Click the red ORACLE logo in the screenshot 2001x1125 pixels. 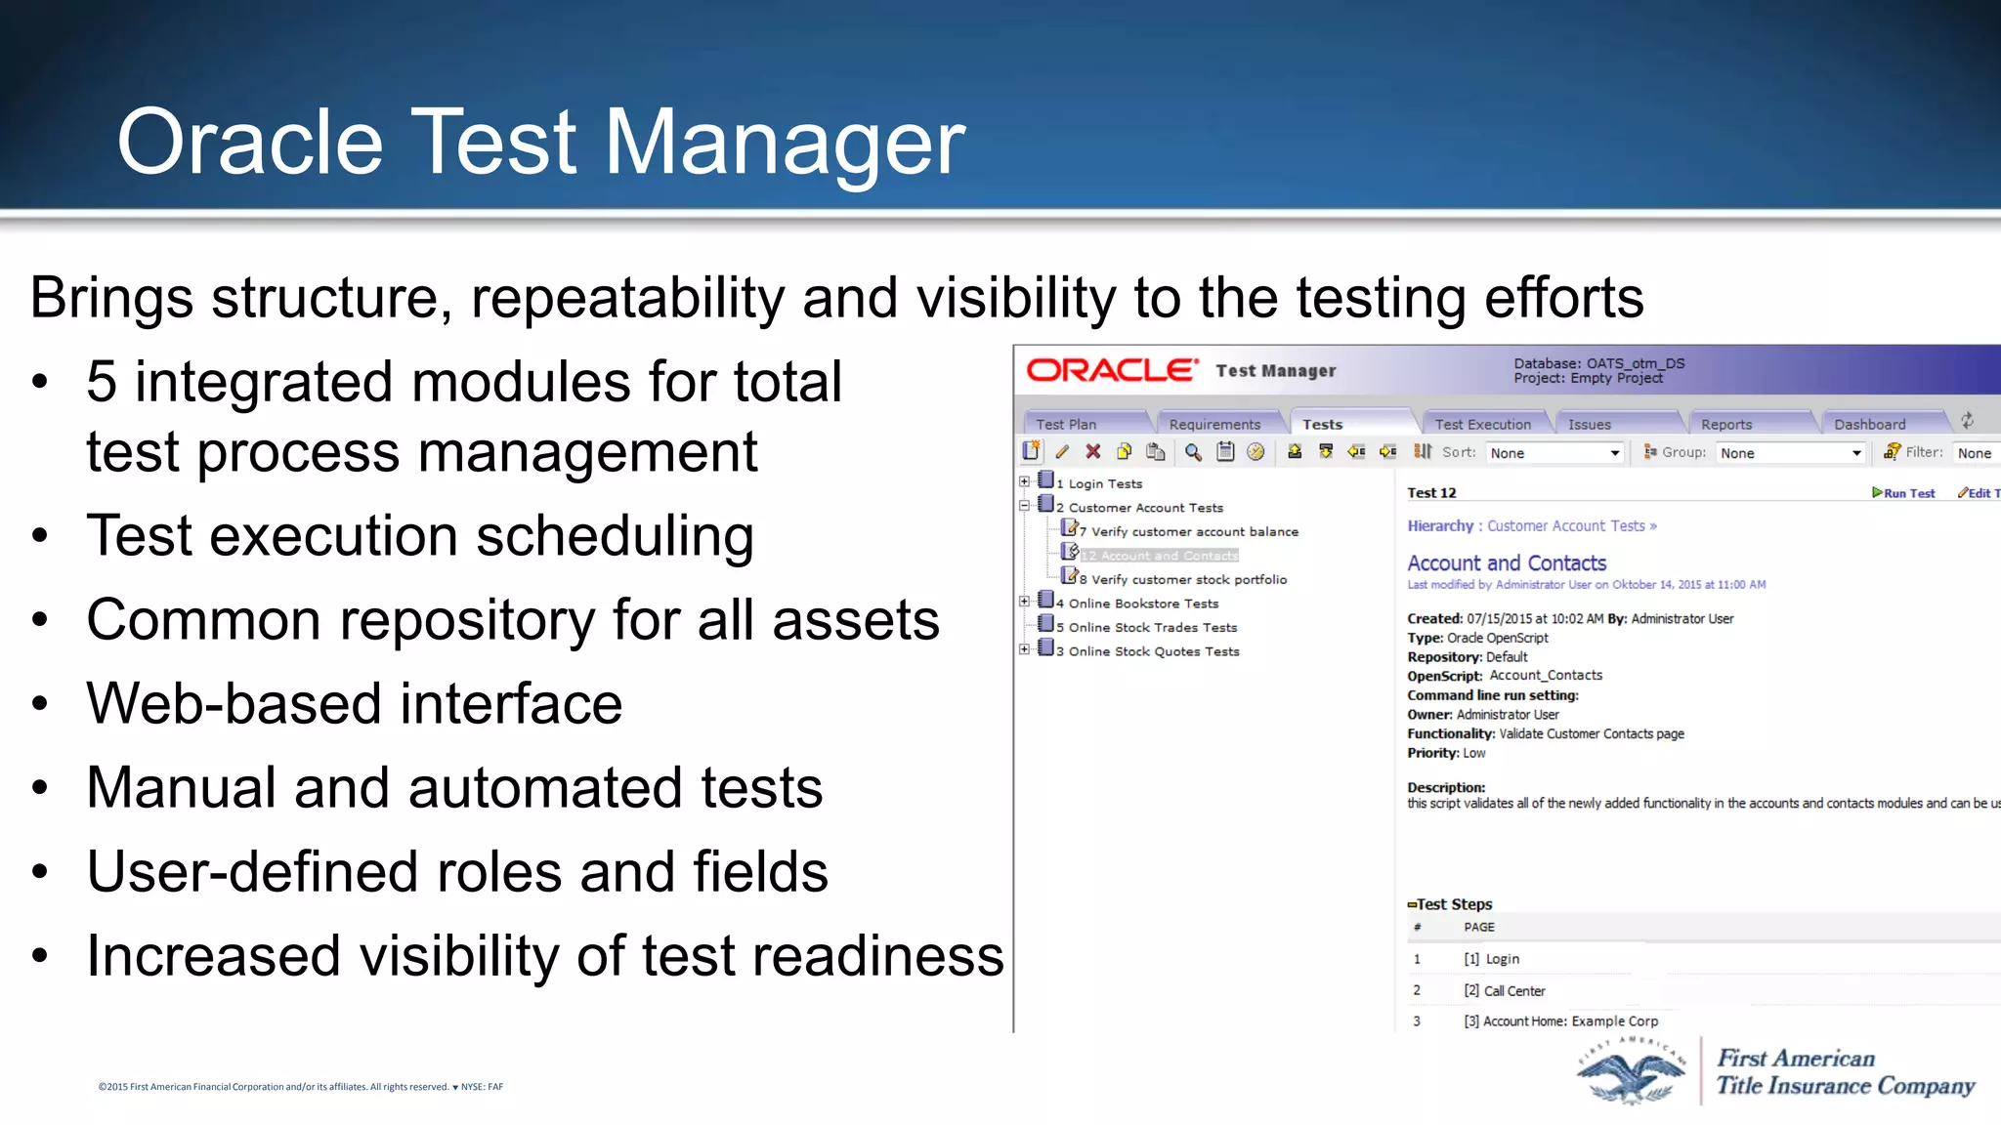(1111, 371)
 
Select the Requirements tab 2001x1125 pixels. (1214, 424)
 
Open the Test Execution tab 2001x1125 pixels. (1482, 424)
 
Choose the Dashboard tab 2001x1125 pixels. (1869, 424)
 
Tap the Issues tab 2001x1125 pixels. (1589, 424)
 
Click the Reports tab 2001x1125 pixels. (1725, 424)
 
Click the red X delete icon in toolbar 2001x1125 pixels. (1093, 451)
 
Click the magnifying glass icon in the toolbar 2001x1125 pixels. (1193, 451)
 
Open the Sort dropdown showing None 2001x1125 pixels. (1554, 453)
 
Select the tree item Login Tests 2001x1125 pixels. (1104, 483)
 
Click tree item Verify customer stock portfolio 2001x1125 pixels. (1188, 579)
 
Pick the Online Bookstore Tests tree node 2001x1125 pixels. (1143, 604)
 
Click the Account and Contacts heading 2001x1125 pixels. (1506, 563)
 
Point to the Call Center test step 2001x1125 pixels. (1513, 990)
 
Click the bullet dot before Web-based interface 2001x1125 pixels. (39, 703)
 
